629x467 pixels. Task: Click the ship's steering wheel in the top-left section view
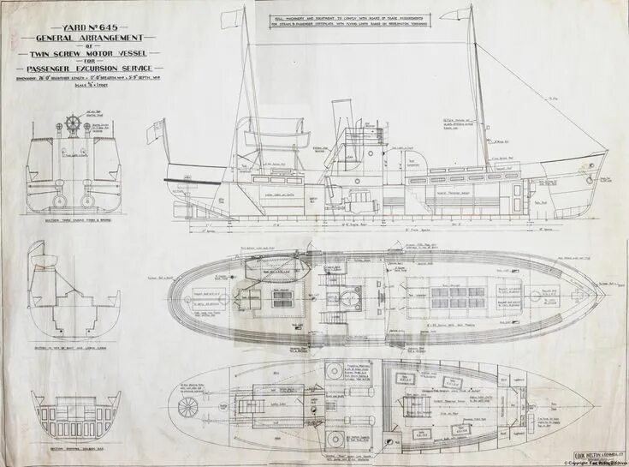pyautogui.click(x=73, y=125)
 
